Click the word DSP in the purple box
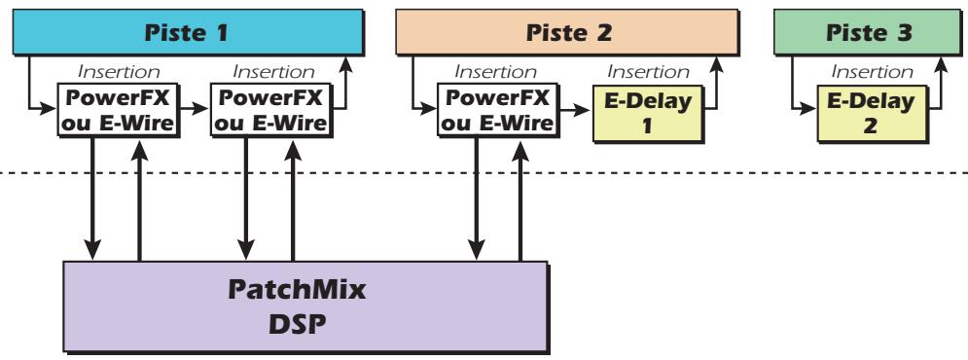pos(305,318)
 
